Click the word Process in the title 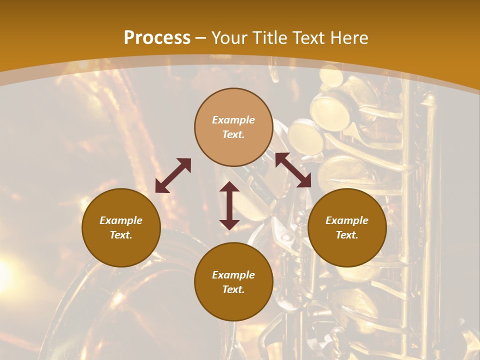click(x=157, y=38)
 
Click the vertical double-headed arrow click(x=229, y=205)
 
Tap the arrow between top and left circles click(x=173, y=175)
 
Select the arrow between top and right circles click(x=293, y=170)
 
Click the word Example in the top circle click(x=233, y=120)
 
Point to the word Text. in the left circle click(x=121, y=235)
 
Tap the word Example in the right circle click(x=347, y=220)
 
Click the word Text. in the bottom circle click(x=233, y=289)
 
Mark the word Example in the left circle click(x=121, y=220)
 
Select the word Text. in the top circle click(x=233, y=134)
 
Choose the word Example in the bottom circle click(x=233, y=275)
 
